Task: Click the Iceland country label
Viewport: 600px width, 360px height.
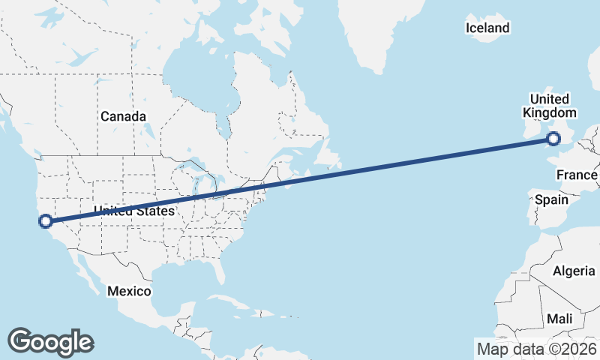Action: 487,28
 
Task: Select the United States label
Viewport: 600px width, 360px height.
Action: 134,211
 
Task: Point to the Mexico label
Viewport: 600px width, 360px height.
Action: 129,291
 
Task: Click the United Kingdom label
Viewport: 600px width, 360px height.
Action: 550,106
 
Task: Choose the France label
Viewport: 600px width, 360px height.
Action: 577,175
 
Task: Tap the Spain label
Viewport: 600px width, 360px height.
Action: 550,200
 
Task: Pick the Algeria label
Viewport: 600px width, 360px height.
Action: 573,271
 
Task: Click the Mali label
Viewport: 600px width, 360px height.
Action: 559,319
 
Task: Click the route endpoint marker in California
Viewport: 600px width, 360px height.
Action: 46,220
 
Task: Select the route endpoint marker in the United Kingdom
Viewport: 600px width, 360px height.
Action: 553,138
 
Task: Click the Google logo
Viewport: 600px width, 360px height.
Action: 50,341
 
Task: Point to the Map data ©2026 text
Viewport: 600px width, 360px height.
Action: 536,349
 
